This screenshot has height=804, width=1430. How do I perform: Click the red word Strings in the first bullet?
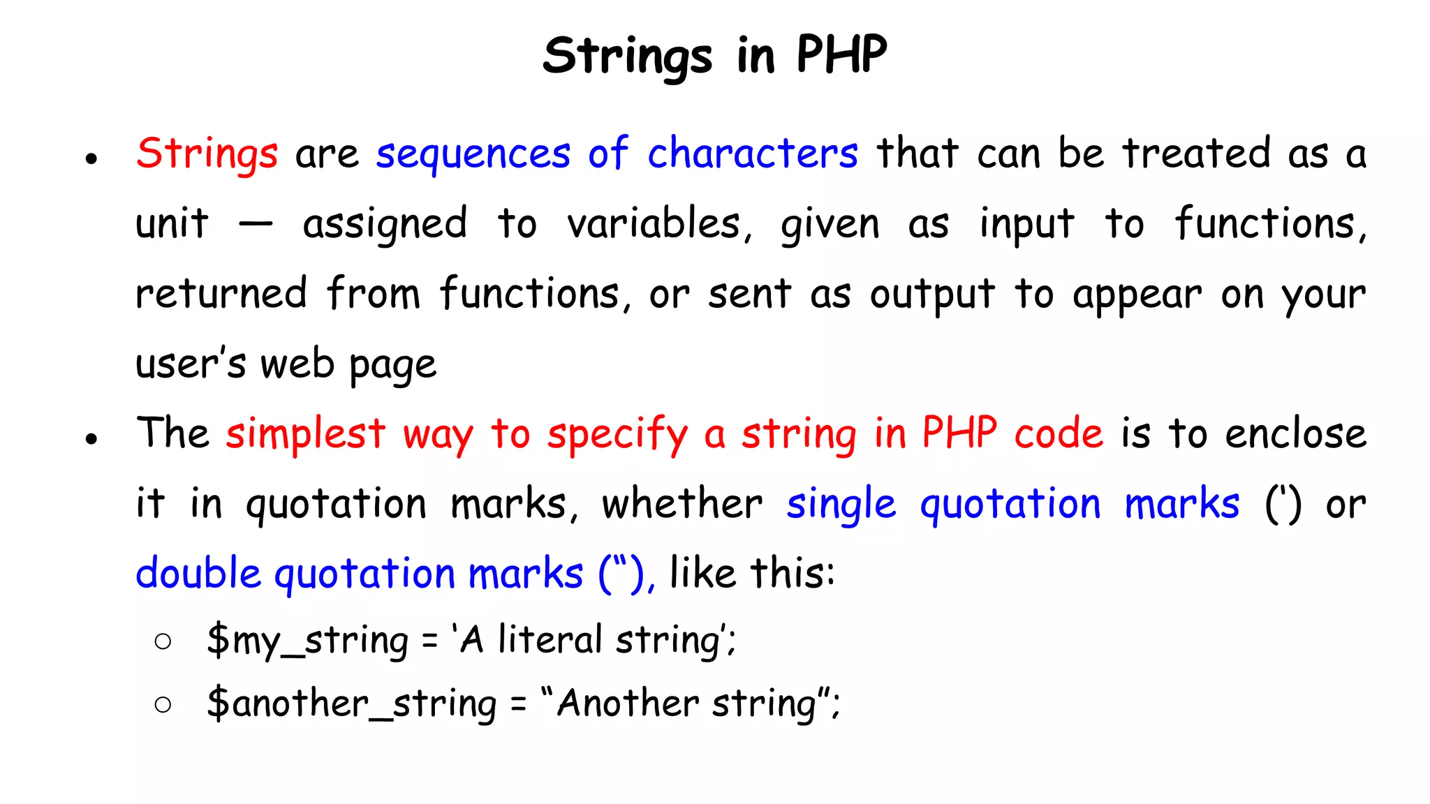(207, 154)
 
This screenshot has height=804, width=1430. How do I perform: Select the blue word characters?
(753, 153)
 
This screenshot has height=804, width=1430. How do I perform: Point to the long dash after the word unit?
(256, 225)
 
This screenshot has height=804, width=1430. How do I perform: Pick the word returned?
(221, 293)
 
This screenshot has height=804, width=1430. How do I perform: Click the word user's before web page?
(191, 364)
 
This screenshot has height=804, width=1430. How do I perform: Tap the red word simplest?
(305, 434)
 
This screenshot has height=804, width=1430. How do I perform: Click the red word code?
(1059, 433)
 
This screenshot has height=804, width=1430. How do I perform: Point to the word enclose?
(1295, 433)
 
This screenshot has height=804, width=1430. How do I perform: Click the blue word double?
(198, 574)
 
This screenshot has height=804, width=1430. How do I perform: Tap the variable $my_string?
(307, 641)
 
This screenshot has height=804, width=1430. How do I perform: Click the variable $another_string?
(351, 703)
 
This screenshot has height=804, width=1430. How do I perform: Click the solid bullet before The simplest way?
(91, 439)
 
